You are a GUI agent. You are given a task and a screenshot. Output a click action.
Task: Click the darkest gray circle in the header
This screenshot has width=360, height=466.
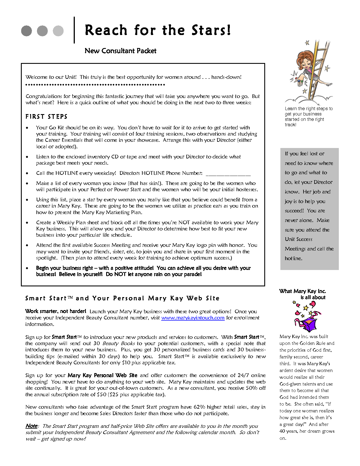click(x=27, y=31)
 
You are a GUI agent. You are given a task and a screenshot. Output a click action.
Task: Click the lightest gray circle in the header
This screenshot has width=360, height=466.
click(x=58, y=31)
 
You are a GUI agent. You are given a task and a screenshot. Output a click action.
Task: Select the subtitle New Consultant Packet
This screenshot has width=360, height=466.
click(x=120, y=51)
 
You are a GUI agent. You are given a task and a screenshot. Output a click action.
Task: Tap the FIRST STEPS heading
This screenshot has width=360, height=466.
click(x=46, y=117)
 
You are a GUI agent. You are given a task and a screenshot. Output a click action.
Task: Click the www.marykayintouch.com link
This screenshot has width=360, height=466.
click(x=193, y=318)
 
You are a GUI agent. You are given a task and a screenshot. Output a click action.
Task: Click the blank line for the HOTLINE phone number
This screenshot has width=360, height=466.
click(x=228, y=174)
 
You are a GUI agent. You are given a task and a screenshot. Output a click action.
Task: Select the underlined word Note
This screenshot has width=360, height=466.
click(x=31, y=426)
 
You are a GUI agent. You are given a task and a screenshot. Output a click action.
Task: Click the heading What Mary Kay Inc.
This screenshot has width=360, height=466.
click(x=302, y=291)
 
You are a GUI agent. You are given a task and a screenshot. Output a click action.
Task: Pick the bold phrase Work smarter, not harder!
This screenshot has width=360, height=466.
click(x=56, y=311)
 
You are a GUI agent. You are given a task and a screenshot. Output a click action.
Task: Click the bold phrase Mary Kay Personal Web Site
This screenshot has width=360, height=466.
click(x=102, y=375)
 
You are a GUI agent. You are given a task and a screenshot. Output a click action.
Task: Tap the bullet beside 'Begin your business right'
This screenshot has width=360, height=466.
click(x=27, y=268)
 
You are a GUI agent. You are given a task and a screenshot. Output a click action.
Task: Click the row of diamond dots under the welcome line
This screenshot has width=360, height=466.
click(x=95, y=84)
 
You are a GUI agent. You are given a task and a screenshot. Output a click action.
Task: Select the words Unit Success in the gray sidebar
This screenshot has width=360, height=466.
click(x=298, y=239)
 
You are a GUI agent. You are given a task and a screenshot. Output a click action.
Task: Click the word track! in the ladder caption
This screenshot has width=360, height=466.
click(x=290, y=125)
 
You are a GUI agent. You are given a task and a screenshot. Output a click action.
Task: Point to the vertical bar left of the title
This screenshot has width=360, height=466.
click(x=74, y=30)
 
